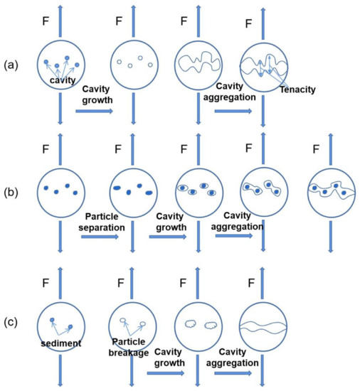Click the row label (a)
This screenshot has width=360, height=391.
tap(11, 65)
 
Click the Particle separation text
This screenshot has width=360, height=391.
tap(105, 221)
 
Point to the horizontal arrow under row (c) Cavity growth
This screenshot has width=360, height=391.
tap(169, 372)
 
